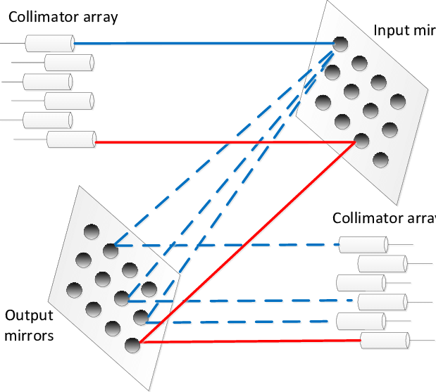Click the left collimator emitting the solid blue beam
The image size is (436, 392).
[49, 44]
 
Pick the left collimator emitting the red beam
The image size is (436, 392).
[70, 140]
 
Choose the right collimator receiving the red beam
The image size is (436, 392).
[385, 341]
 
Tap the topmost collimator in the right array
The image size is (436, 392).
[363, 245]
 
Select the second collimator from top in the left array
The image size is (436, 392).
[69, 63]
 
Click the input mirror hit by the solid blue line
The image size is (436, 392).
[340, 44]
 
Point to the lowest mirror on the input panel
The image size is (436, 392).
[380, 160]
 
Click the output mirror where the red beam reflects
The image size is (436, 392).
[131, 345]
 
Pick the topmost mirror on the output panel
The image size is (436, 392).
[91, 232]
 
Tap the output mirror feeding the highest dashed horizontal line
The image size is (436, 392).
[110, 249]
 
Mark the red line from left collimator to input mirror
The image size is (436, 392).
[225, 142]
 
